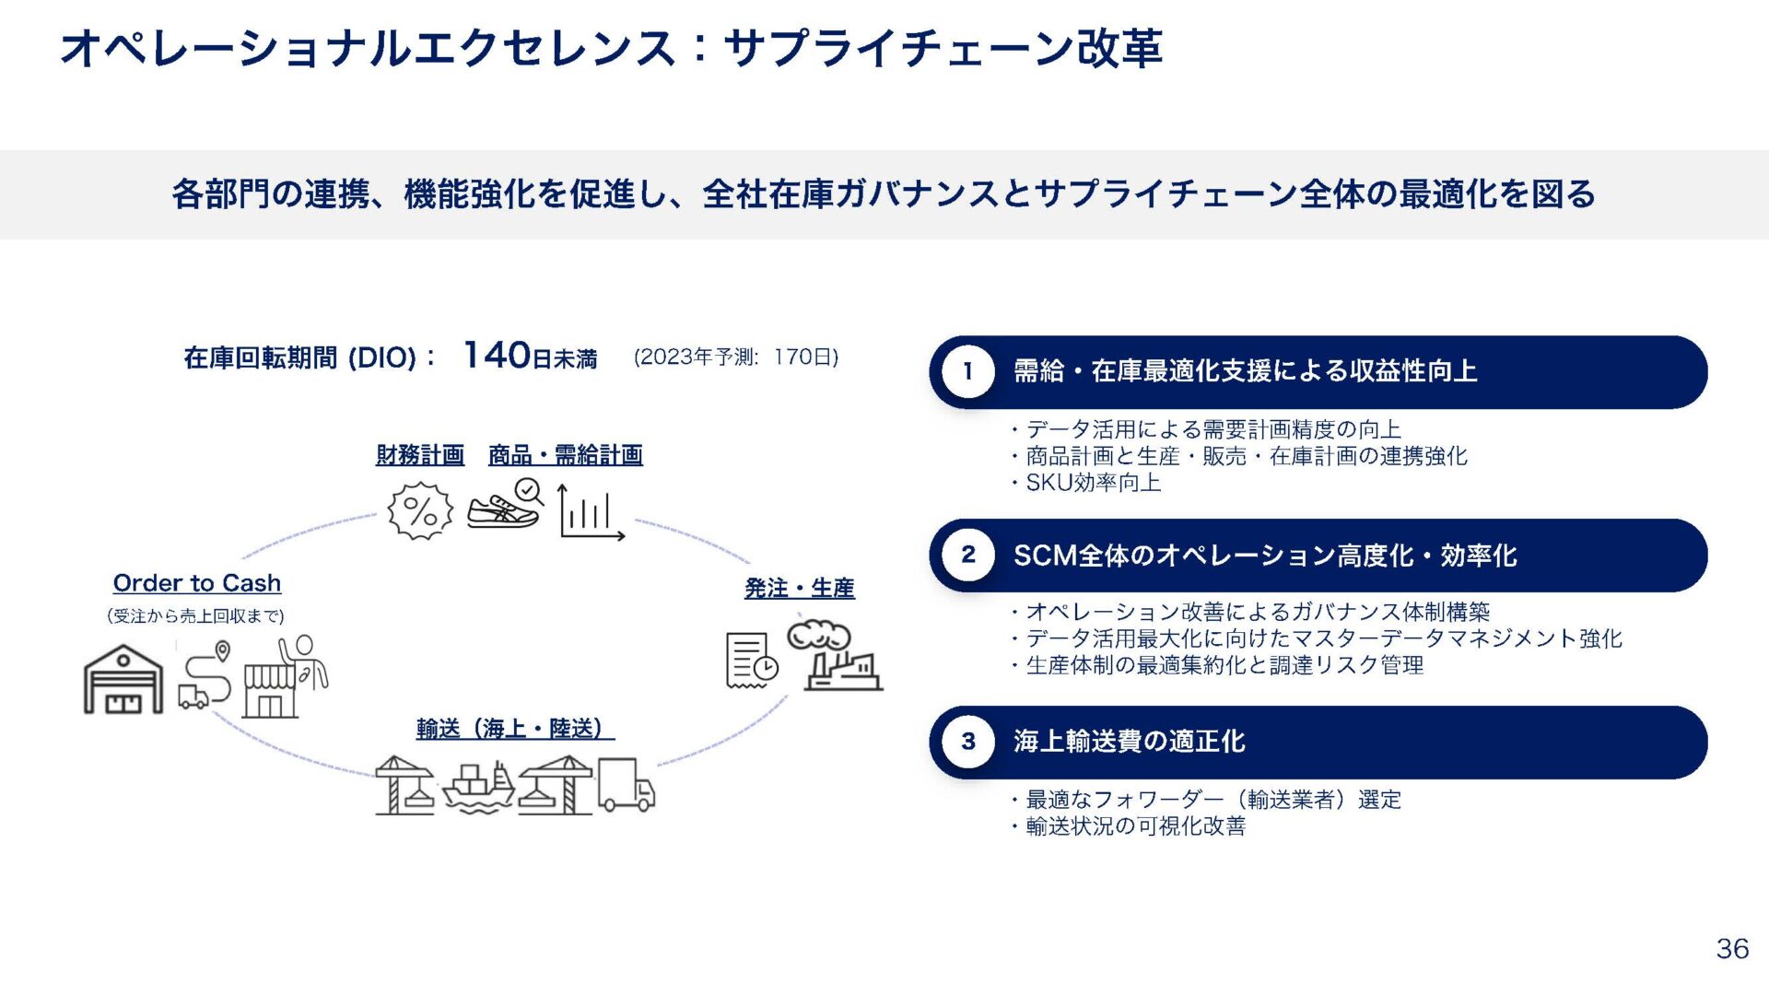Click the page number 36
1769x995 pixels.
1732,948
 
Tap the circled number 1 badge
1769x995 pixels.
967,371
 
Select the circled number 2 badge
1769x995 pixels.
967,555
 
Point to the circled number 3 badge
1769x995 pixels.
967,742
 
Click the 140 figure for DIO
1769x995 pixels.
497,355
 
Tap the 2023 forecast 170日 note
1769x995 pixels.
735,357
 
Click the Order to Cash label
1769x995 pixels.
197,583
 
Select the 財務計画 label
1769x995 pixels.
420,454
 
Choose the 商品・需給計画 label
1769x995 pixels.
565,454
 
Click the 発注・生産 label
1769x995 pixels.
799,588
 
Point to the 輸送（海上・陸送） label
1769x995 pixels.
514,729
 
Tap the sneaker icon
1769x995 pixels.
505,505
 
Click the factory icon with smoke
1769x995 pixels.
833,657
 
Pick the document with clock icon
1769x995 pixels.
750,661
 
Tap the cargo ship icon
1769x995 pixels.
478,788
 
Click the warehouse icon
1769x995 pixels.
123,680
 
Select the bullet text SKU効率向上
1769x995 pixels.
1093,483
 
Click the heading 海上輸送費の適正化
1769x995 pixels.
1129,742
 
